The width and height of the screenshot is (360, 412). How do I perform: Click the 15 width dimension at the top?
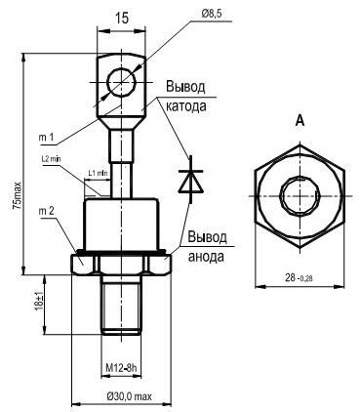[x=122, y=19]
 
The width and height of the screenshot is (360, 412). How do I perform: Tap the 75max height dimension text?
[x=17, y=195]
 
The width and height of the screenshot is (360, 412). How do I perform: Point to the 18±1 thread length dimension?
[x=39, y=304]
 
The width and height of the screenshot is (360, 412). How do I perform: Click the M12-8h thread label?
[x=121, y=368]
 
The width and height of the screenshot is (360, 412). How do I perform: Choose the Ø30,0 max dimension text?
[x=129, y=396]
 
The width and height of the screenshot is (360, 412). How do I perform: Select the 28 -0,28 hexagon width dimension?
[x=299, y=278]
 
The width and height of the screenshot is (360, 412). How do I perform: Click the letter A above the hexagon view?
[x=300, y=121]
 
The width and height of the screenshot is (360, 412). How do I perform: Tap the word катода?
[x=186, y=106]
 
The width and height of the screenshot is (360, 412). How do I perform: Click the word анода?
[x=206, y=257]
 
